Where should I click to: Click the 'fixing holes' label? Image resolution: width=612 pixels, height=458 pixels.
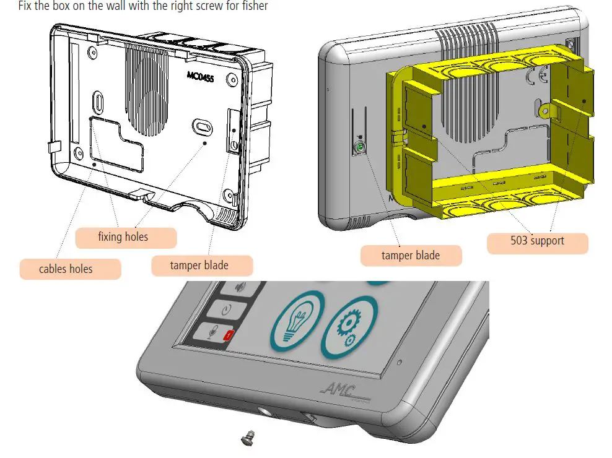123,236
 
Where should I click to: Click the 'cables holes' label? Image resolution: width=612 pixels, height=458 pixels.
66,269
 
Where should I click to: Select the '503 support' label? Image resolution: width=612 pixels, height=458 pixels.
537,240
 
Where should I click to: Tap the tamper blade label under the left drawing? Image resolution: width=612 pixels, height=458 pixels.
199,266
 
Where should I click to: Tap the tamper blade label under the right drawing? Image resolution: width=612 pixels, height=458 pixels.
410,255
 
